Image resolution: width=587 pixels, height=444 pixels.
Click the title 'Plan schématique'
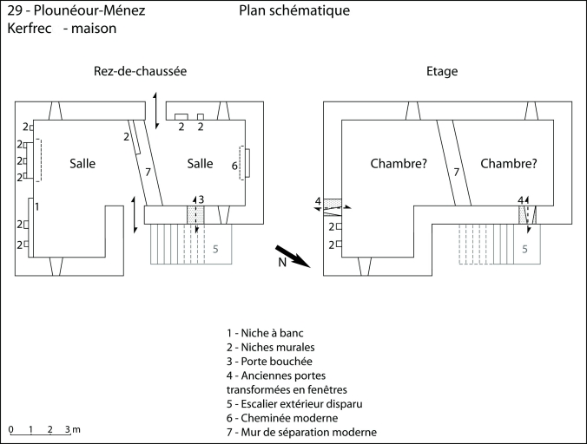coord(294,11)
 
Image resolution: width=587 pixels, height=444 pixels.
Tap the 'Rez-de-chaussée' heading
coord(141,71)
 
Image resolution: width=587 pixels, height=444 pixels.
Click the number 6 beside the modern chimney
coord(234,165)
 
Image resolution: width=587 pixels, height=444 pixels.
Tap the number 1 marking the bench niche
coord(36,206)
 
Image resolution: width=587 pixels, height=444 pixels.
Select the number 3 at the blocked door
coord(201,199)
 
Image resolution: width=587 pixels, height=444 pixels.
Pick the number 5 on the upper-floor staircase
coord(524,248)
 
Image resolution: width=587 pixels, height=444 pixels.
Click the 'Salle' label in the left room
coord(82,163)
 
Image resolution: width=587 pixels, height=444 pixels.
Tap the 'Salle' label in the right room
coord(200,163)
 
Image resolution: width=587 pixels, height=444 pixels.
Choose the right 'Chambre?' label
coord(508,163)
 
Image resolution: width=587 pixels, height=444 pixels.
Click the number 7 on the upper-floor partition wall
coord(456,172)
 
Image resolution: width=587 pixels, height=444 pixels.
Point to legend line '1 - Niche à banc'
coord(265,332)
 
